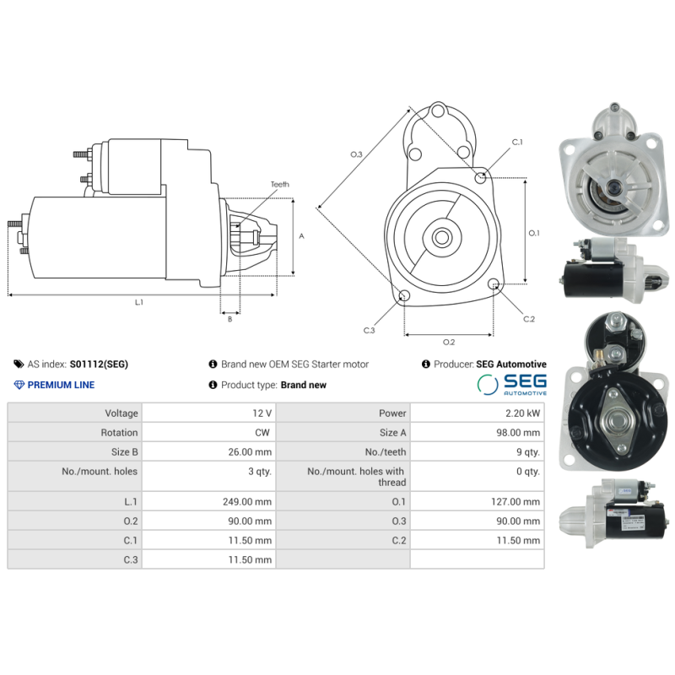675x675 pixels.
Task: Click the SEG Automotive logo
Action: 511,385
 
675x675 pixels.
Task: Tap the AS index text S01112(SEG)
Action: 99,364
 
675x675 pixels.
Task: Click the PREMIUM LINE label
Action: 61,385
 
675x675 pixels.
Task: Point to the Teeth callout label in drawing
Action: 279,184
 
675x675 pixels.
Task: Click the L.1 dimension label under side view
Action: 138,302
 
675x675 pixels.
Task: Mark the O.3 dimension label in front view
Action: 356,154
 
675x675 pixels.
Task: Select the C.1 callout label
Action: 517,142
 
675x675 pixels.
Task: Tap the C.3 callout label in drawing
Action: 369,330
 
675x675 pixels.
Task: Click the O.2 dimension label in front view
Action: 449,342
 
